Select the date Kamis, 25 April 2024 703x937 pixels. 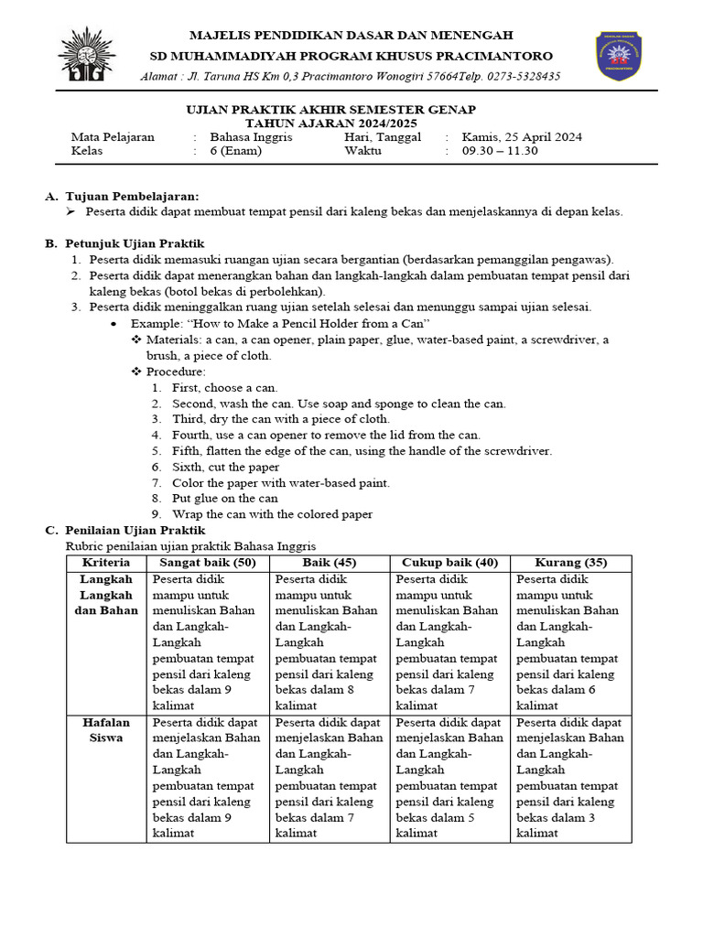pos(522,137)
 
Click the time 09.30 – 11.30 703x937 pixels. pos(500,151)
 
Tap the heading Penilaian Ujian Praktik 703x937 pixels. pos(135,530)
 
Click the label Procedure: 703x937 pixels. pos(176,372)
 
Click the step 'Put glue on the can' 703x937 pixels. pos(224,499)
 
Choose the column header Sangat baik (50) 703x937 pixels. pos(208,562)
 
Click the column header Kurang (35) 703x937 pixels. pos(570,562)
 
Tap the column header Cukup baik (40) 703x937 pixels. pos(449,562)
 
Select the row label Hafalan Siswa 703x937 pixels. pos(107,729)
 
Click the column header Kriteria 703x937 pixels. pos(107,562)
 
